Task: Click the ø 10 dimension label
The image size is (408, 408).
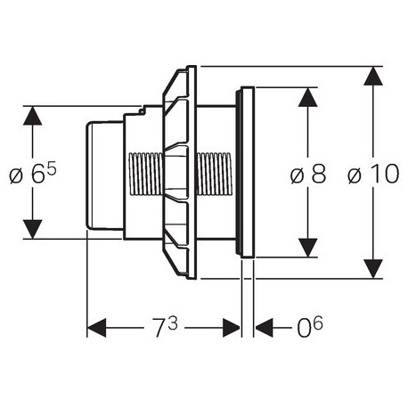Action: [373, 174]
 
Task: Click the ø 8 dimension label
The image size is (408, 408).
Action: [308, 174]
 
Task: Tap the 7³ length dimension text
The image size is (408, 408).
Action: [165, 327]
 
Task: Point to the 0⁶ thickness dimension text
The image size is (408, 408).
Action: [310, 327]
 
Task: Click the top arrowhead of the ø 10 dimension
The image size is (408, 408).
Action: [373, 77]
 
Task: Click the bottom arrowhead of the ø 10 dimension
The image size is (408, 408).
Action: [373, 269]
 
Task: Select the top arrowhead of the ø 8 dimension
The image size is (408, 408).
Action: [308, 97]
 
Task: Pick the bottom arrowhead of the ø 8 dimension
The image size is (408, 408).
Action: [308, 248]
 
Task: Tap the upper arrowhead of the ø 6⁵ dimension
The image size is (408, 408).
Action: [32, 116]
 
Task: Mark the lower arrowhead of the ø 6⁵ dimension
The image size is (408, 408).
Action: [32, 229]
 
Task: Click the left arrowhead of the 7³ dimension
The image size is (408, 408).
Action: [96, 328]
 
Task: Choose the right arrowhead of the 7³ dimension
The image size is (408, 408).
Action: [232, 328]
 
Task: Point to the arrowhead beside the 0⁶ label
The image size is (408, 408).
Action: [264, 328]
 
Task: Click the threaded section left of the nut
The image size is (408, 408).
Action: [145, 174]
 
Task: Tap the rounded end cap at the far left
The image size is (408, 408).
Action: [104, 175]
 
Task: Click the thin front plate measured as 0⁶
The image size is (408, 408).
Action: [248, 172]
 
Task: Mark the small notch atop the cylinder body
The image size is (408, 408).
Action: [143, 110]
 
